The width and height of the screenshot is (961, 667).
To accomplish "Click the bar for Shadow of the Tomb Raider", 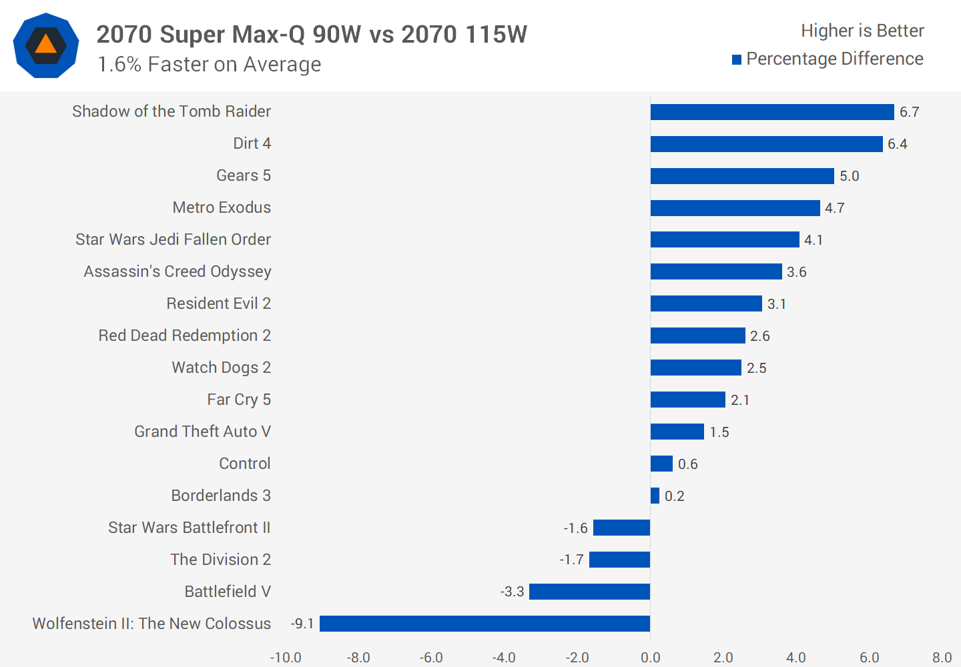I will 772,112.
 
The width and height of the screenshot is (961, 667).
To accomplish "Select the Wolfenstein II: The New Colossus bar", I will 485,624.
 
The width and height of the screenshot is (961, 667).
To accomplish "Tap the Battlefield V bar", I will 589,592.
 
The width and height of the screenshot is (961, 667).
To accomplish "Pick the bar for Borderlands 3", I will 655,496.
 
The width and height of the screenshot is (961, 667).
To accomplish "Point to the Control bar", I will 661,464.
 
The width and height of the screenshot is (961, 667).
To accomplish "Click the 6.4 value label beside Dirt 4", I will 897,144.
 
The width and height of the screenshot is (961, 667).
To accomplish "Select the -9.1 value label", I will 302,624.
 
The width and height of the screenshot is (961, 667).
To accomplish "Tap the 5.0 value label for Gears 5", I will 849,176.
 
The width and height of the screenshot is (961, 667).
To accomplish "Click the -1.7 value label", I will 572,560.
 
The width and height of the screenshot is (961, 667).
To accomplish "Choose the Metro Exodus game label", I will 222,207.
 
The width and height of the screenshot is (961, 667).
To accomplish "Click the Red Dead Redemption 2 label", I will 184,336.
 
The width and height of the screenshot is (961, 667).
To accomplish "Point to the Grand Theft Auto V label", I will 202,432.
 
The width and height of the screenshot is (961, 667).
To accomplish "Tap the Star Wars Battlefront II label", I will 190,528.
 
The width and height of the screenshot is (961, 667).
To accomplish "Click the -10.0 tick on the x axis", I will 286,658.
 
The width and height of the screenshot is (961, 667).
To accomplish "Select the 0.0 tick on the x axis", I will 650,658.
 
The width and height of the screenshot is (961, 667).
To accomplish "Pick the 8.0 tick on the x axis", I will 942,658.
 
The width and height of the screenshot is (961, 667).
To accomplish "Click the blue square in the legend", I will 737,60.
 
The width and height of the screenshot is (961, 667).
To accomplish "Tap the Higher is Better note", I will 862,31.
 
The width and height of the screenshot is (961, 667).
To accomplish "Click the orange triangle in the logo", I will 46,45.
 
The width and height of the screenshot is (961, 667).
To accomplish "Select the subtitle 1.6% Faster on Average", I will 209,64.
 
